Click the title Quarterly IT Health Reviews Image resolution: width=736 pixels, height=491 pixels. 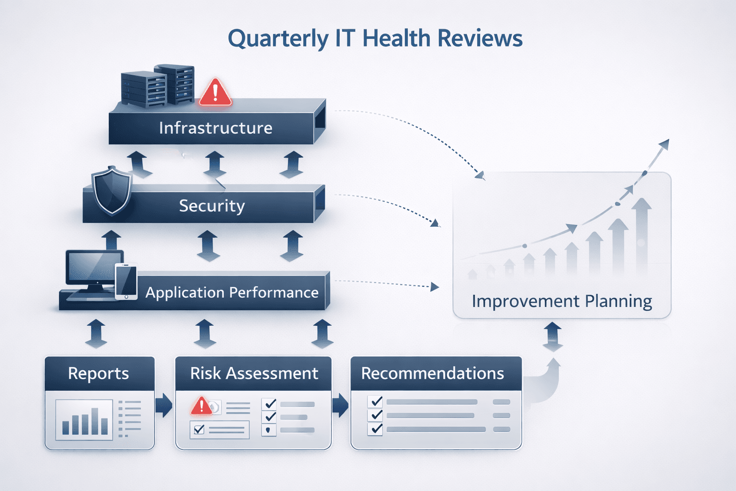click(375, 38)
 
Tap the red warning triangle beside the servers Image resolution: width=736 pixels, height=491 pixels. click(215, 92)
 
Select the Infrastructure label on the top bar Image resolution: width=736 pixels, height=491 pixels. click(216, 128)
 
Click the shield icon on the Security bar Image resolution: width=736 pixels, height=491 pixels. click(112, 190)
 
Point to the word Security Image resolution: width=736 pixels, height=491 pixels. click(212, 206)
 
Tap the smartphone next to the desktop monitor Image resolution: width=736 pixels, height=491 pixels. click(126, 281)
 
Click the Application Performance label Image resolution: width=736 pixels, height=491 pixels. click(232, 292)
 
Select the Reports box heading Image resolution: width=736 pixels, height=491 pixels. click(99, 374)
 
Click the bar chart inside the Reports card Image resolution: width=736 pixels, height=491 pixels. click(84, 420)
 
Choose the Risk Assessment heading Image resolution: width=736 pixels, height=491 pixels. click(254, 374)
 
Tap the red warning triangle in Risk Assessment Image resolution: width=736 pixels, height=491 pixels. click(202, 406)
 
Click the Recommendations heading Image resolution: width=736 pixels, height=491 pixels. click(432, 374)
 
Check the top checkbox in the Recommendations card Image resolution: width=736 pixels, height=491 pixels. click(376, 401)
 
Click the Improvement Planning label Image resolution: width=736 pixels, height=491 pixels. click(562, 301)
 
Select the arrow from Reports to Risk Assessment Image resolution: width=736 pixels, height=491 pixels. click(164, 405)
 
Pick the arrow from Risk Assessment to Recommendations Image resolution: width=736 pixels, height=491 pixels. click(340, 405)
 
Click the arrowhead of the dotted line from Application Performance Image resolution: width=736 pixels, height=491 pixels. click(435, 287)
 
